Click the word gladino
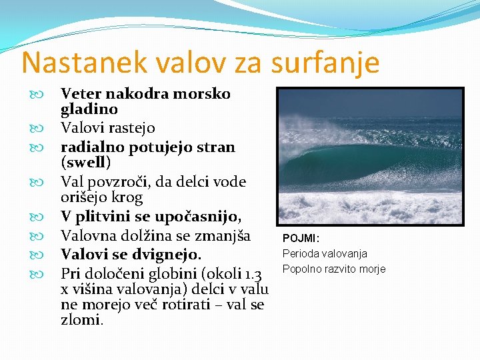click(89, 109)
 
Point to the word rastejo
click(130, 127)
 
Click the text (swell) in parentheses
click(85, 162)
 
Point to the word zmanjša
click(223, 235)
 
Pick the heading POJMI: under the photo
click(301, 238)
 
